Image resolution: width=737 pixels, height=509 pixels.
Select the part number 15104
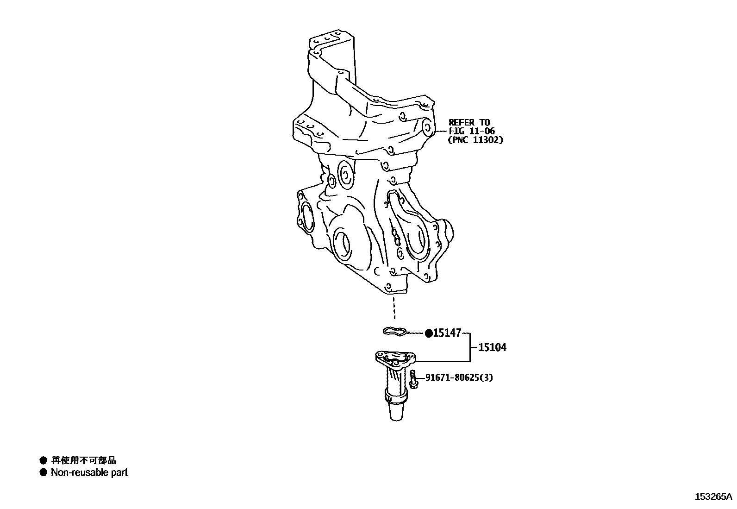[x=492, y=347]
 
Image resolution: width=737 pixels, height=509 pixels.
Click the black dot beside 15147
[x=429, y=333]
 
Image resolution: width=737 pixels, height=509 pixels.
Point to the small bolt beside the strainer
[x=413, y=380]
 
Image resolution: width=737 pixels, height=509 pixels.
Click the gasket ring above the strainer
[x=395, y=331]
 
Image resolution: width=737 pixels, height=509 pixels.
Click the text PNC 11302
[x=475, y=139]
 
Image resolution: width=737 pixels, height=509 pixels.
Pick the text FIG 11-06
[x=472, y=131]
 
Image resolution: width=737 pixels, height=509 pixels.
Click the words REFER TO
[x=469, y=123]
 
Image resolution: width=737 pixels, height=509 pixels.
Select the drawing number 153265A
[x=713, y=497]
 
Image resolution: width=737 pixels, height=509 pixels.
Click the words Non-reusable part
[x=89, y=473]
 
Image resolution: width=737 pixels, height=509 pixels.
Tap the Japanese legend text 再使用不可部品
[x=84, y=460]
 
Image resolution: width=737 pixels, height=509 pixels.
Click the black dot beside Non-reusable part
[x=44, y=473]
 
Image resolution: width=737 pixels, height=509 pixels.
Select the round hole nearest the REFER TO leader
[x=427, y=126]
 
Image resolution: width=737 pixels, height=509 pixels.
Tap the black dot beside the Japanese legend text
[x=44, y=460]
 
